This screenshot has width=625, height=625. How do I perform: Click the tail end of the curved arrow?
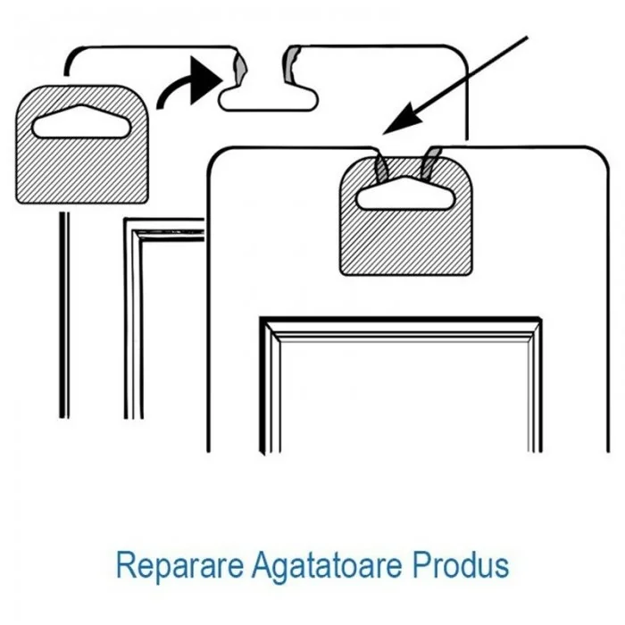click(161, 106)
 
